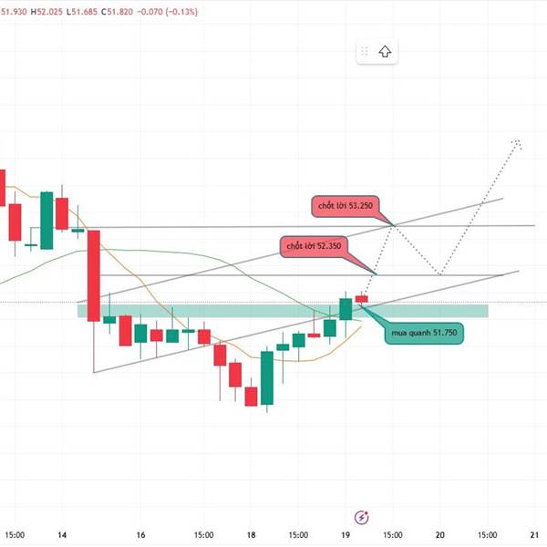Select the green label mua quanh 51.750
click(425, 333)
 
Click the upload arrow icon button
click(386, 52)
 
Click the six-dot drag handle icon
click(365, 52)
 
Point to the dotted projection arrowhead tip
click(519, 141)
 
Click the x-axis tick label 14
click(61, 535)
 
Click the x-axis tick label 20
click(440, 535)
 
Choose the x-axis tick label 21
click(534, 535)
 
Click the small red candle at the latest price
click(362, 298)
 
